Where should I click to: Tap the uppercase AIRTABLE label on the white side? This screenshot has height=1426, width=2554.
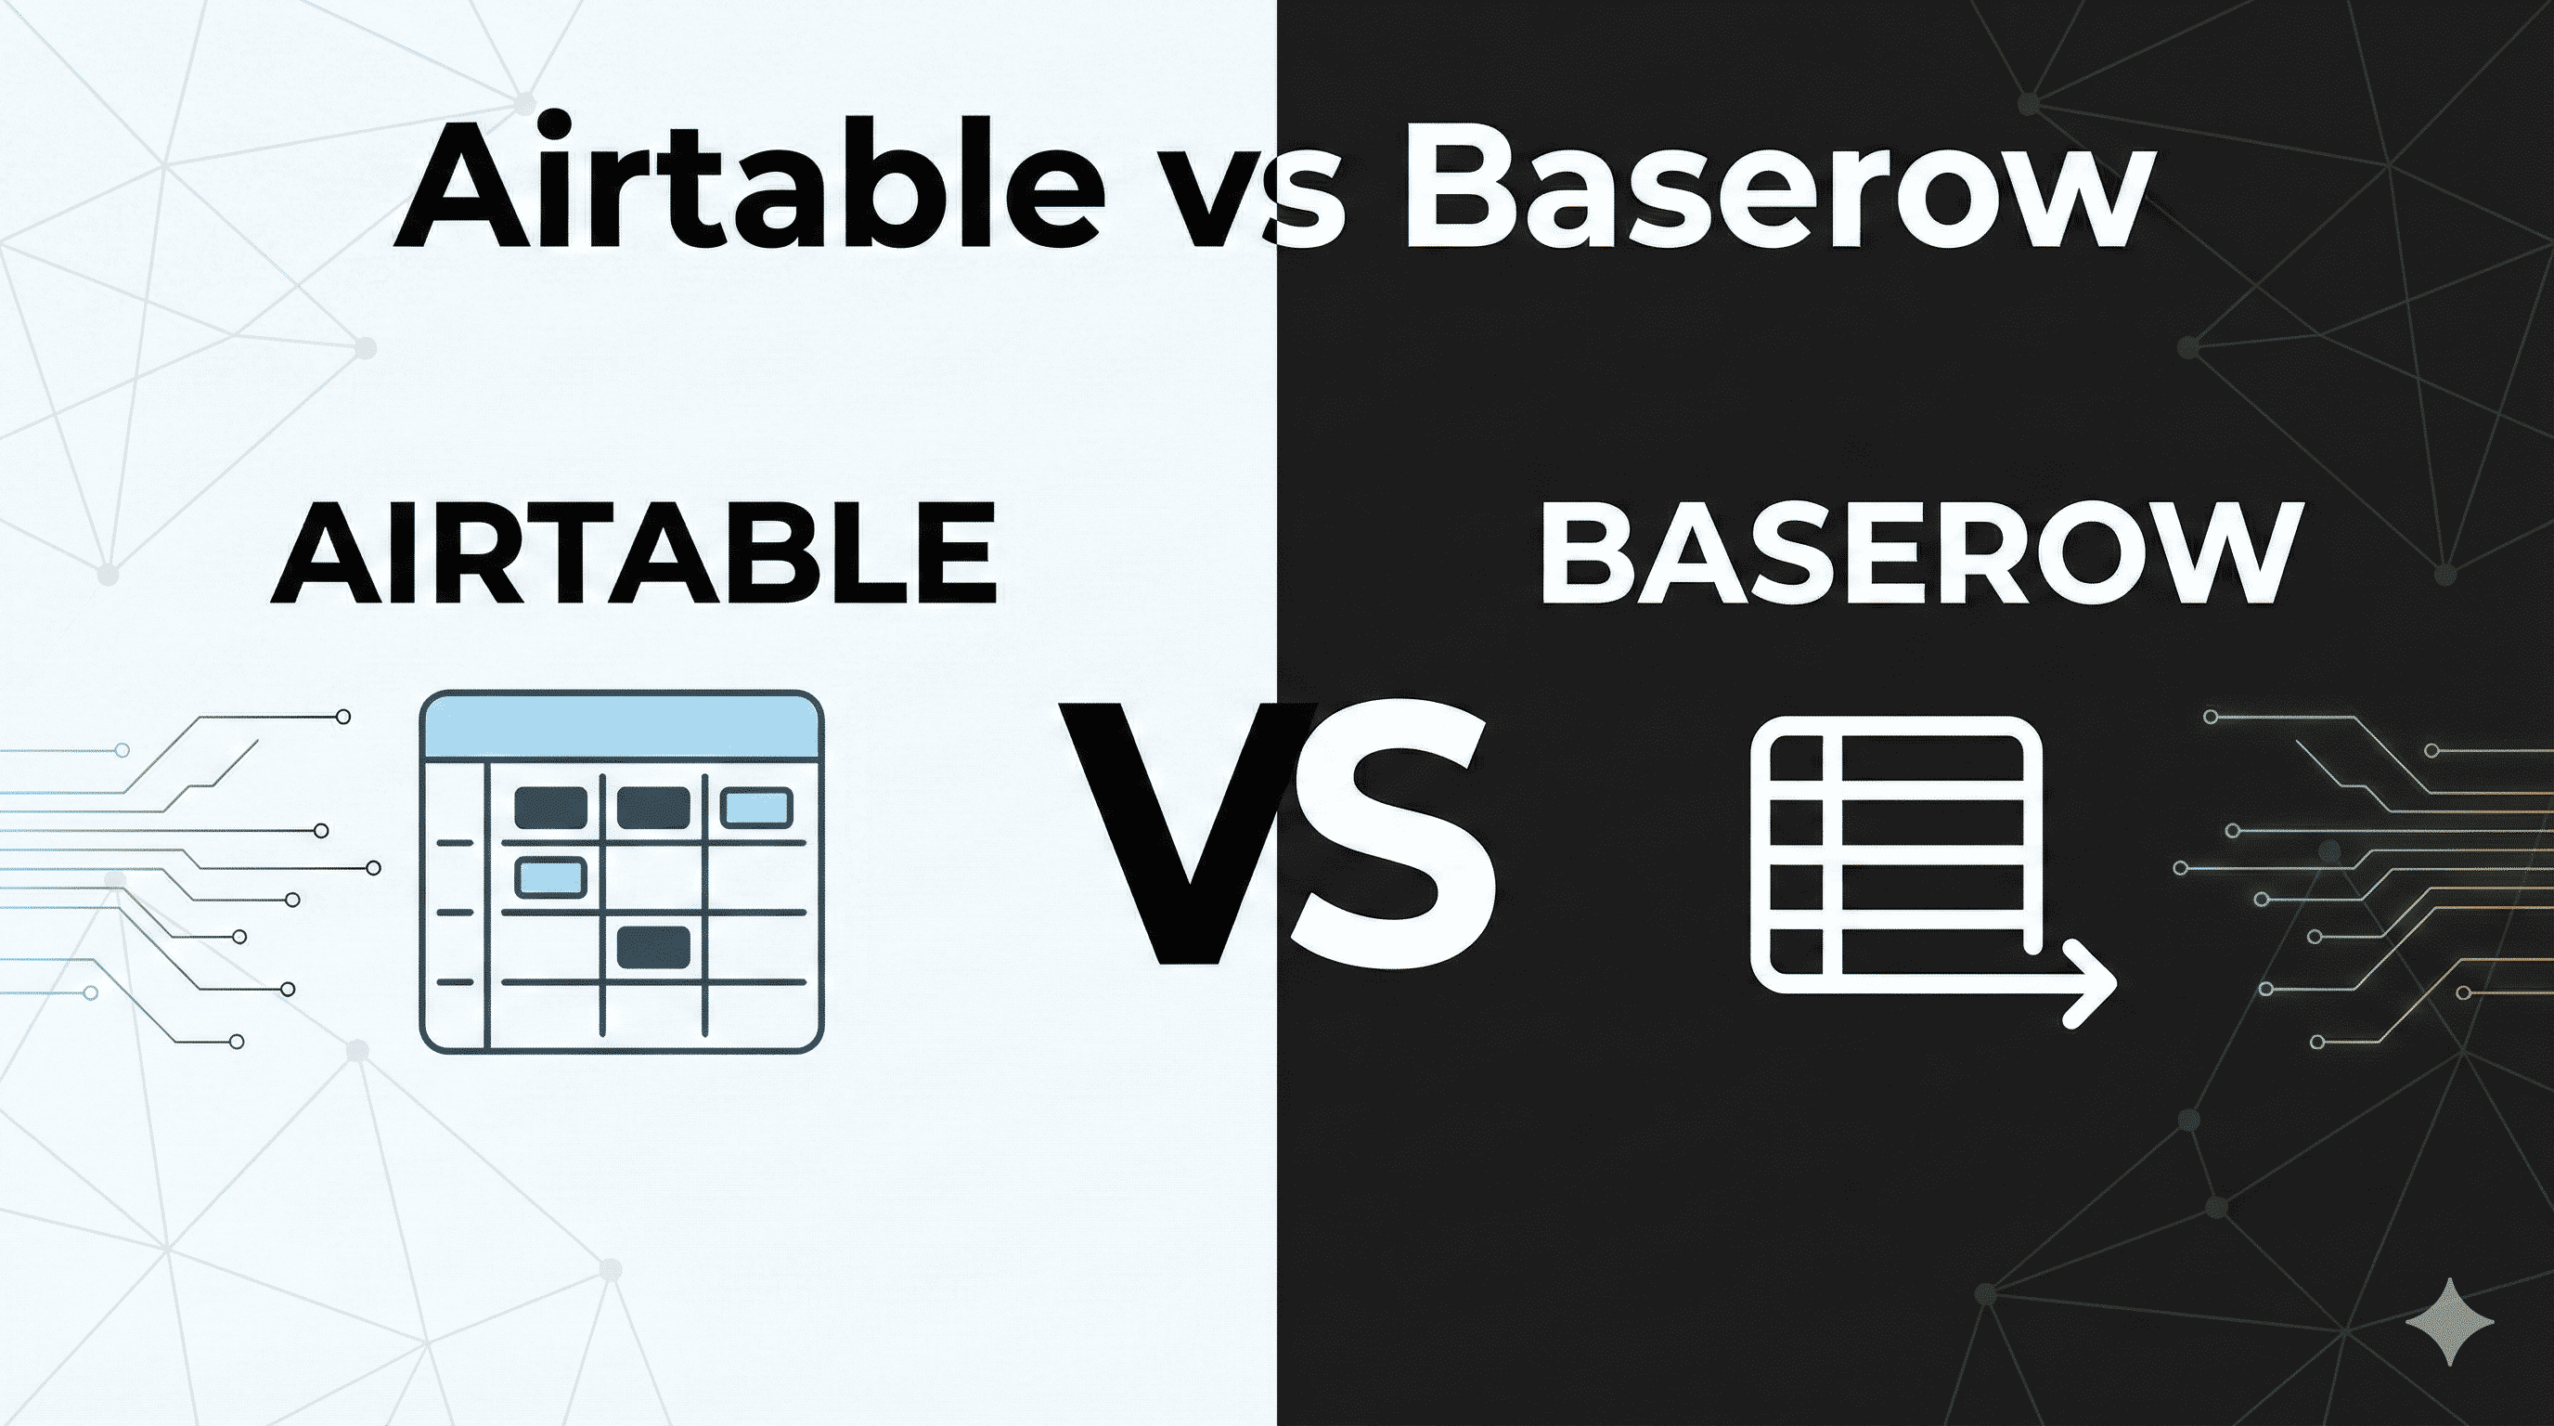tap(635, 553)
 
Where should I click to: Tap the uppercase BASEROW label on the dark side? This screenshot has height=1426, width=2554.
tap(1915, 553)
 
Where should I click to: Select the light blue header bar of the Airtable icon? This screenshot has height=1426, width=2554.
tap(622, 727)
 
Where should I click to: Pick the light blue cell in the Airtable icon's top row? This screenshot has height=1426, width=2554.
tap(756, 807)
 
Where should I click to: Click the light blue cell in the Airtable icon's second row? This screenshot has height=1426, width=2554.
tap(550, 877)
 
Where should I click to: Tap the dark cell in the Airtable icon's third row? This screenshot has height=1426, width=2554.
tap(653, 946)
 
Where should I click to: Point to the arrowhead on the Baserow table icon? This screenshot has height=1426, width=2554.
tap(2092, 988)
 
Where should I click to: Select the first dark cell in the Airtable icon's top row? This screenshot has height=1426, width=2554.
tap(550, 807)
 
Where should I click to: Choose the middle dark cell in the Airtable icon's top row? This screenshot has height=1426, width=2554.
tap(653, 807)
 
